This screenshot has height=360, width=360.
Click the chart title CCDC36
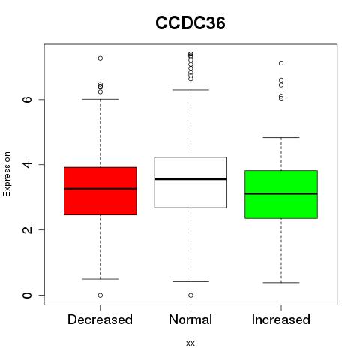[x=190, y=23]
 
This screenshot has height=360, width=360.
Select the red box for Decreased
[x=100, y=191]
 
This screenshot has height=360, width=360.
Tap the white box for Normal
[x=190, y=182]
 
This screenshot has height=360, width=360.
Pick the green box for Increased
[x=281, y=194]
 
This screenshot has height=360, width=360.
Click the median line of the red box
[x=100, y=189]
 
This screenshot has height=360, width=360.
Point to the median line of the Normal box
[x=190, y=179]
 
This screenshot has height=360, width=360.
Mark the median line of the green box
[x=281, y=193]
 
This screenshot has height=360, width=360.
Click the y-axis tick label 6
[x=28, y=99]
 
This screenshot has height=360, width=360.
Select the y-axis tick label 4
[x=28, y=164]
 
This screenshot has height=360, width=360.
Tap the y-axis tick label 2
[x=28, y=229]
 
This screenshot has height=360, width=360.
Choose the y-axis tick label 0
[x=28, y=295]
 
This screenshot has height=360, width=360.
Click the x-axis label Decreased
[x=100, y=319]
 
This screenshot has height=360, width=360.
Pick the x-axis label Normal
[x=190, y=319]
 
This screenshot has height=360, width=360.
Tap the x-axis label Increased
[x=281, y=319]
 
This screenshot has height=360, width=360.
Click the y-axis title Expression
[x=7, y=174]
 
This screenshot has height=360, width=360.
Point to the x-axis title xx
[x=190, y=343]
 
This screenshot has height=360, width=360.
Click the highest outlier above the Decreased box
[x=100, y=58]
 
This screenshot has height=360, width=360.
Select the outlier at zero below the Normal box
[x=190, y=295]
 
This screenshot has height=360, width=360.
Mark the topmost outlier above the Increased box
[x=281, y=63]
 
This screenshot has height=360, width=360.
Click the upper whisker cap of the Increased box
[x=281, y=137]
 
